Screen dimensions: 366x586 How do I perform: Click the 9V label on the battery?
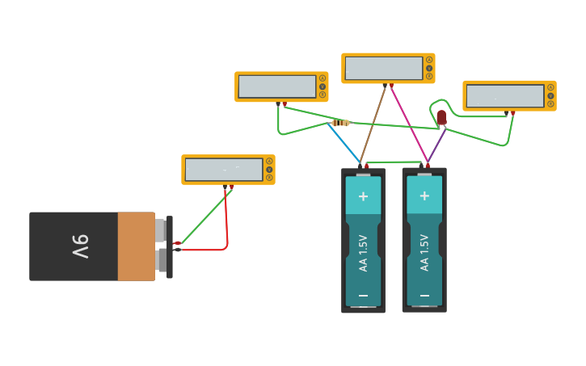[80, 246]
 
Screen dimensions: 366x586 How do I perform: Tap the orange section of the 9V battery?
[136, 246]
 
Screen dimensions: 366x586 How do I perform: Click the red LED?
[441, 117]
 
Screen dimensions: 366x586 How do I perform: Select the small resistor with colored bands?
[340, 123]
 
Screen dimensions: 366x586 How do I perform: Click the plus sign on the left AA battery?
[363, 196]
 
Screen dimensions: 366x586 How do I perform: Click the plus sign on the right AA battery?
[424, 196]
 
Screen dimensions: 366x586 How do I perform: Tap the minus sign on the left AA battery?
[363, 296]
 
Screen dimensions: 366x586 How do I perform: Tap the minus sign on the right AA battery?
[424, 296]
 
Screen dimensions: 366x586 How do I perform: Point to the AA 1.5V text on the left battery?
[363, 252]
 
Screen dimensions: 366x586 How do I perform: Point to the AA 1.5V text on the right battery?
[424, 252]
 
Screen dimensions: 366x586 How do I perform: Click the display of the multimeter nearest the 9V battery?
[223, 170]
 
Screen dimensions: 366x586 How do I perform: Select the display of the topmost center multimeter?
[383, 69]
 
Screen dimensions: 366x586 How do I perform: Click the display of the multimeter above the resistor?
[276, 86]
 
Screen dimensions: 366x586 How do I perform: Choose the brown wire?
[373, 124]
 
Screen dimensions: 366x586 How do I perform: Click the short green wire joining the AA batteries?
[396, 161]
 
